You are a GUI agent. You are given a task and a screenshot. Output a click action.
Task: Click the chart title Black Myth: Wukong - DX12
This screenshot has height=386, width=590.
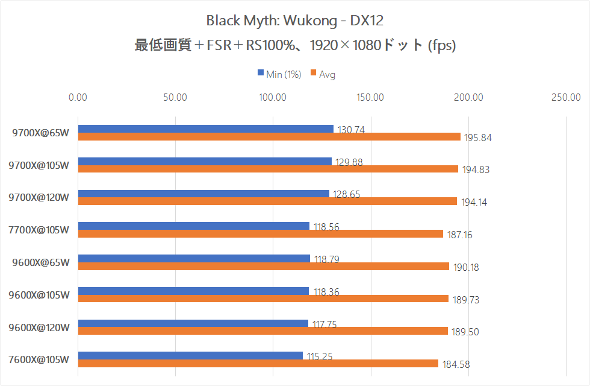(x=294, y=21)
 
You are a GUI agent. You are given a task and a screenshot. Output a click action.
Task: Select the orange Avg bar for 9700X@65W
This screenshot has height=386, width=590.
(x=269, y=137)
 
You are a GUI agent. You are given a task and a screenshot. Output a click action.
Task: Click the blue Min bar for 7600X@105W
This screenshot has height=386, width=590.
(x=190, y=355)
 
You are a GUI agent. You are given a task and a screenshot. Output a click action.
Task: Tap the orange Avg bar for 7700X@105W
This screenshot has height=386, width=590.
(x=260, y=234)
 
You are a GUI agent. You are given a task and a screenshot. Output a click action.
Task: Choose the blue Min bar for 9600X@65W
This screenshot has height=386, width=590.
(x=193, y=258)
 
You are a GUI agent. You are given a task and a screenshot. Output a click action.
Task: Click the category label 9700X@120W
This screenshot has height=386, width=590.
(x=39, y=198)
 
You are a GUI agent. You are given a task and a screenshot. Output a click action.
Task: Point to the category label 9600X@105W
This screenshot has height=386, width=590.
(x=39, y=295)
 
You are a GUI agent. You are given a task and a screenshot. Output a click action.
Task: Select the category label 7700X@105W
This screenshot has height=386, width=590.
(x=39, y=230)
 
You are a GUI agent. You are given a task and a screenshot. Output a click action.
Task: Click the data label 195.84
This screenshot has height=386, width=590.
(x=477, y=138)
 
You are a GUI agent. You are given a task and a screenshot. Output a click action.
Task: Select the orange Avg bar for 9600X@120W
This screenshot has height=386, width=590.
(x=262, y=331)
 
